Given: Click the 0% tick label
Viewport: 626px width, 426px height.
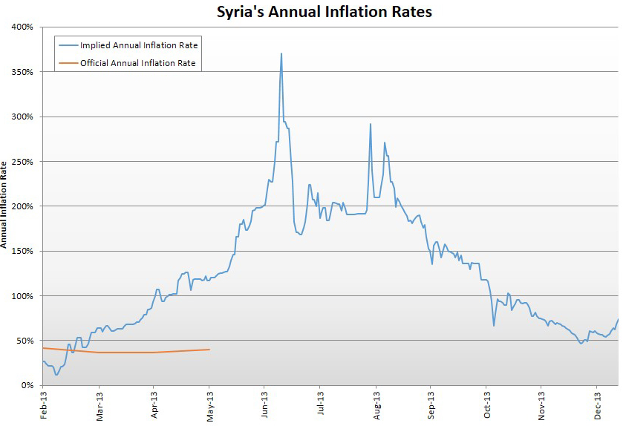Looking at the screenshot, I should pos(27,385).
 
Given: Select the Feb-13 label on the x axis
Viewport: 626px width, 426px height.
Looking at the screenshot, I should pos(44,405).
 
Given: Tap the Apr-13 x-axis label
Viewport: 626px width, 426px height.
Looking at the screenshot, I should pos(154,405).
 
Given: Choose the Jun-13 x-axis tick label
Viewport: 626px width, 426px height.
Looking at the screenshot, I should pos(265,405).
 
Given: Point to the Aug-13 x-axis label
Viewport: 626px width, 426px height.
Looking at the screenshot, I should pos(376,405).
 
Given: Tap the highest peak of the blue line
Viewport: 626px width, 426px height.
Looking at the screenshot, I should pos(281,53).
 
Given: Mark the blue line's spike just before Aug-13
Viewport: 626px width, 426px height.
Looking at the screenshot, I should pos(371,124).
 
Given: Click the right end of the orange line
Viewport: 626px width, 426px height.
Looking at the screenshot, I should pos(209,350).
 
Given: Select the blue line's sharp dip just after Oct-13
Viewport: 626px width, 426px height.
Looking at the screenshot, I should pos(494,326).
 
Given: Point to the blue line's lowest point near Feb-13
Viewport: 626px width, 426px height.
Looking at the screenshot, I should pos(56,375).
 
